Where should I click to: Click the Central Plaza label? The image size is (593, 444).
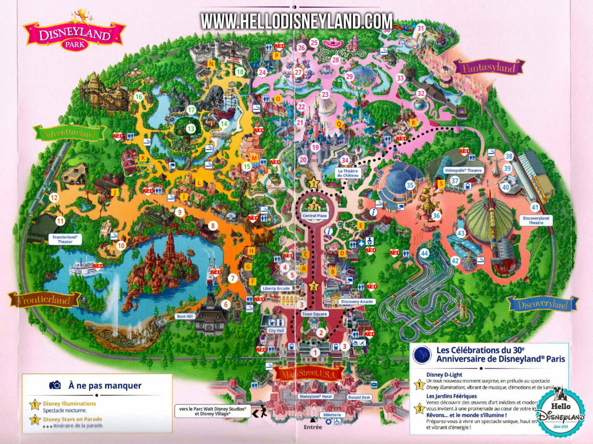(315, 216)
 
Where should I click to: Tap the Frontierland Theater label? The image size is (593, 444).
(65, 239)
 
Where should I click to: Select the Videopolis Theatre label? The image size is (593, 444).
(463, 170)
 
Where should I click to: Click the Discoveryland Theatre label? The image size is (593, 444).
(536, 220)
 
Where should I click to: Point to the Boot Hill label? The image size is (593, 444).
(185, 316)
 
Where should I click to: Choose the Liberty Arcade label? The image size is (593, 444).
(276, 288)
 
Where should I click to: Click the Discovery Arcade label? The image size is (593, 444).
(357, 301)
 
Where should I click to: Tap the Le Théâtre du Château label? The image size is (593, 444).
(348, 173)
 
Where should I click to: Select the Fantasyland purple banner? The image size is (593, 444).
(489, 68)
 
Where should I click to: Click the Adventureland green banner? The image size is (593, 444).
(70, 133)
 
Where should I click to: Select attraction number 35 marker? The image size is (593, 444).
(410, 185)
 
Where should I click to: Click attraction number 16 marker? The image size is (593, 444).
(139, 97)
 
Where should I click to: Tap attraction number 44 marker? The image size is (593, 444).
(425, 253)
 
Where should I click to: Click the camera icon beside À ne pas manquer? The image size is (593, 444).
(55, 385)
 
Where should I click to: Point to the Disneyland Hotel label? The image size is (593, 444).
(316, 396)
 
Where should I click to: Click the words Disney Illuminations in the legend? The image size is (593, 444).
(69, 403)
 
